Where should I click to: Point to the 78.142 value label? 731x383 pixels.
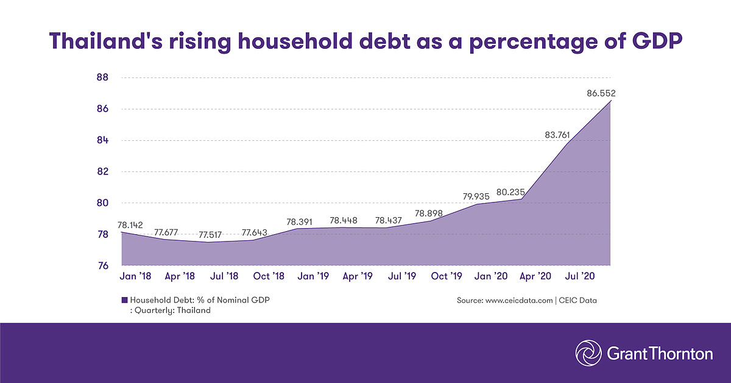[x=129, y=224]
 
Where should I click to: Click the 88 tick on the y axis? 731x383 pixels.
[x=102, y=77]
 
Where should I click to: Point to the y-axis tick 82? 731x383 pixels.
[x=102, y=171]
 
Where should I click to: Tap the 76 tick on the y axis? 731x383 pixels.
[x=102, y=266]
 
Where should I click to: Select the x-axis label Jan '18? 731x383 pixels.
[x=135, y=276]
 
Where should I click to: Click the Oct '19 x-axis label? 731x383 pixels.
[x=447, y=276]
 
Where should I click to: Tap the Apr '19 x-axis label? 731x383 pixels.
[x=357, y=276]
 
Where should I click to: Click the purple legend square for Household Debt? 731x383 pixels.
[x=125, y=300]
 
